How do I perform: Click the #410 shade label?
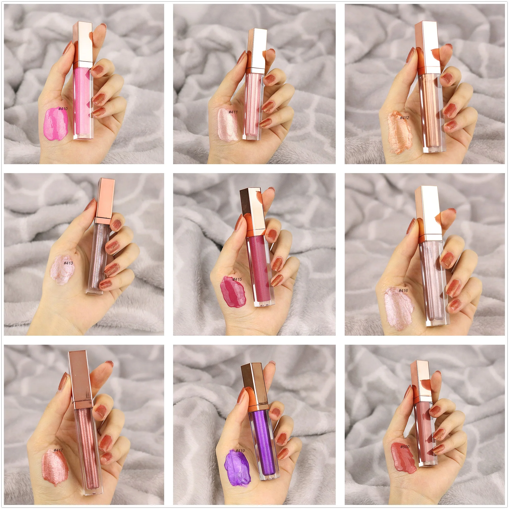pos(63,109)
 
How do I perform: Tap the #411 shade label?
pos(233,112)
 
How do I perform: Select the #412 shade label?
pos(404,118)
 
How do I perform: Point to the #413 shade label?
pos(68,263)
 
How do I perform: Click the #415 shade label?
pos(237,279)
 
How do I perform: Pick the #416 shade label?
pos(403,290)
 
